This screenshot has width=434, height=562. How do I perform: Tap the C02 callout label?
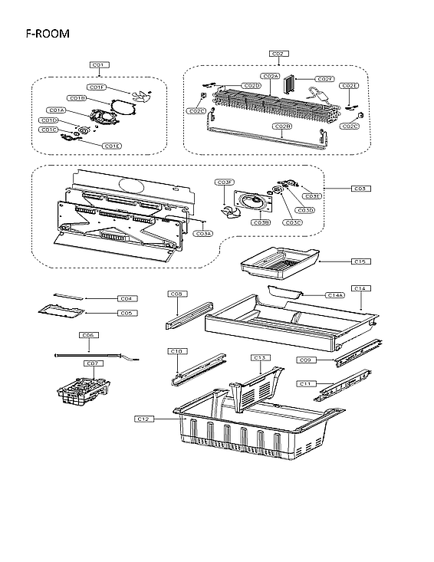tap(278, 54)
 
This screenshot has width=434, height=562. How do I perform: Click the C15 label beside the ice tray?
tap(360, 261)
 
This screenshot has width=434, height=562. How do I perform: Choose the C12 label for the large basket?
tap(143, 419)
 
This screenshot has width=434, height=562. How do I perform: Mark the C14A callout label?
tap(334, 294)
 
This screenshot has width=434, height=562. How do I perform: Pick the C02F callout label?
tap(324, 79)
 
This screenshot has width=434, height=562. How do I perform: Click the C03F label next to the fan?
tap(225, 182)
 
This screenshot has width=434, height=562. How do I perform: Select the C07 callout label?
tap(91, 363)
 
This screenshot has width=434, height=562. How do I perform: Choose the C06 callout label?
tap(88, 335)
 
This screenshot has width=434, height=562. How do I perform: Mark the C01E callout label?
tap(113, 146)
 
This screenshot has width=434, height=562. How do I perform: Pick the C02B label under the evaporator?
tap(282, 126)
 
